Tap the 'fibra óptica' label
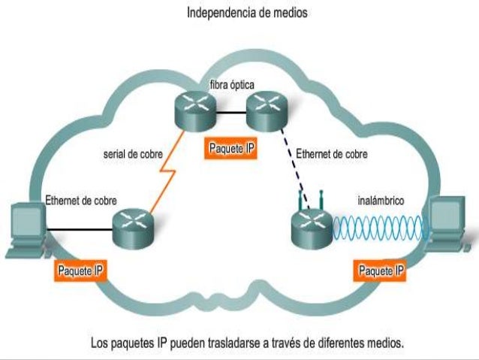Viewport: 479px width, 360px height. (232, 86)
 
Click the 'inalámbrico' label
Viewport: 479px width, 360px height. (381, 201)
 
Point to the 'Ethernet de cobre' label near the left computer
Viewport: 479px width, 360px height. (79, 201)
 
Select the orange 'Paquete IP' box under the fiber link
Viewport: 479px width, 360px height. (231, 148)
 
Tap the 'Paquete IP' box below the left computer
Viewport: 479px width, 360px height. (80, 270)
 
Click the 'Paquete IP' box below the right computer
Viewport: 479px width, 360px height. (382, 270)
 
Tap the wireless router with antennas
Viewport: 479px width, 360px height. (310, 225)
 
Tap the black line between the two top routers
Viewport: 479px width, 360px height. (232, 113)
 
